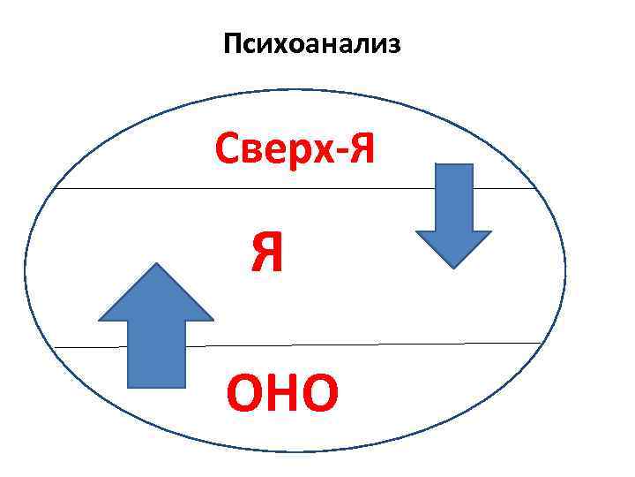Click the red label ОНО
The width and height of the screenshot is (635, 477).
[281, 394]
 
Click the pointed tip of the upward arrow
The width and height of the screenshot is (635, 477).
[156, 266]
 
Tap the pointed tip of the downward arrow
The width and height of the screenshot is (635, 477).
[453, 265]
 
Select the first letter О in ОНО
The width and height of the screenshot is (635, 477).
[245, 394]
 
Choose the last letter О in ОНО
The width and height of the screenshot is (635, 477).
[319, 394]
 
